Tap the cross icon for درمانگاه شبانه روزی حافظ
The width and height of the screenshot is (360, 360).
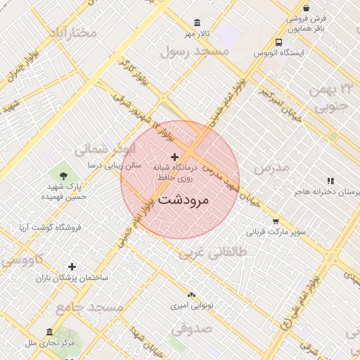(x=174, y=156)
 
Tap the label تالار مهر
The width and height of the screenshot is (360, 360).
(x=198, y=34)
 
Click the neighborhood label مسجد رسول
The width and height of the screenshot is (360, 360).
(x=195, y=51)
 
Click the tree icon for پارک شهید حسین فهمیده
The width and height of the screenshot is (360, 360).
(x=65, y=174)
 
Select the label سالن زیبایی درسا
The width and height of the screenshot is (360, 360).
(x=114, y=165)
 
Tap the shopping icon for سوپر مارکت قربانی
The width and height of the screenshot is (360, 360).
(x=275, y=220)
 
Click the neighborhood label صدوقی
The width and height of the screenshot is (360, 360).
(x=191, y=327)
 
